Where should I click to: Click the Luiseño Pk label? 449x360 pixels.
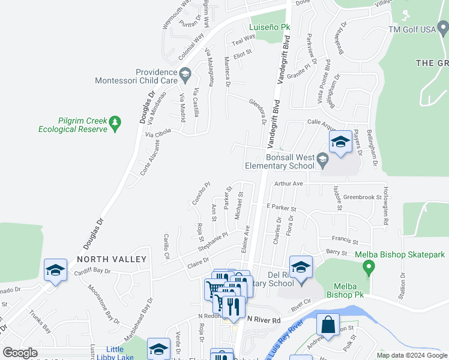tap(270, 27)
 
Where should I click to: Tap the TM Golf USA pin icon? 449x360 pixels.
tap(442, 27)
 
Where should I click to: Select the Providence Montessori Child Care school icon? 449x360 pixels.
tap(185, 75)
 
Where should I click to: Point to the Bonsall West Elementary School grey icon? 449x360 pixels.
tap(323, 160)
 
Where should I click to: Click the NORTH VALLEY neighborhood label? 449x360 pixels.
tap(112, 259)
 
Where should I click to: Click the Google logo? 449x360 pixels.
tap(20, 353)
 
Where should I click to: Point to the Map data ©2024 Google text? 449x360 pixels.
tap(411, 355)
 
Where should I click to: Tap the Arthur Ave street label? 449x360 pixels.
tap(289, 184)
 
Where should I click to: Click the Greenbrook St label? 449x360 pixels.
tap(363, 196)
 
